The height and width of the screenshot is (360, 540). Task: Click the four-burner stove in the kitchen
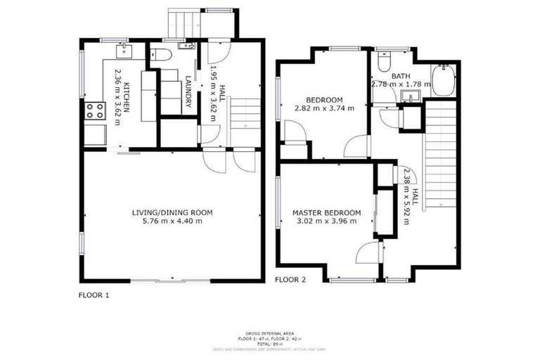point(93,110)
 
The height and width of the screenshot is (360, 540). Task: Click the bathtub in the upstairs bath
point(443,79)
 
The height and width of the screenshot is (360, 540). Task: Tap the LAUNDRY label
point(188,91)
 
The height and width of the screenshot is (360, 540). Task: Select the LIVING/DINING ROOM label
point(172,212)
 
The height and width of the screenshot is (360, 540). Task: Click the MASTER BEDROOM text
point(326,213)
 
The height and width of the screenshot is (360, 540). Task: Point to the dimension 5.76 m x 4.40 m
point(172,221)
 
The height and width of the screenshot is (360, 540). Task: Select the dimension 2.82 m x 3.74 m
point(324,108)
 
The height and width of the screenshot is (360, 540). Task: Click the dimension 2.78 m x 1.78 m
point(401,84)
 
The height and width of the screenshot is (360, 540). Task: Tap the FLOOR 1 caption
point(94,296)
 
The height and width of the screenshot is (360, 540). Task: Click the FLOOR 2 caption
point(290,279)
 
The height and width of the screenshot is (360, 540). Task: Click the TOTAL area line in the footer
point(269,343)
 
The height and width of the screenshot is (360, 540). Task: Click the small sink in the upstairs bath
point(407,96)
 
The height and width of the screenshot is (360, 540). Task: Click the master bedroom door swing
point(367,252)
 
